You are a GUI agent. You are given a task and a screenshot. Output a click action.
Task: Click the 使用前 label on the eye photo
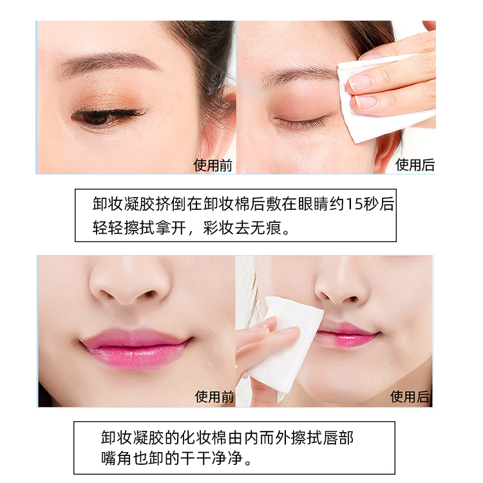[x=213, y=166]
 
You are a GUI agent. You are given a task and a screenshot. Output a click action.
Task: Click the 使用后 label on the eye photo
[x=415, y=165]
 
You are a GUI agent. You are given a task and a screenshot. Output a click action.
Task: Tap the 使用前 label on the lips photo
[x=214, y=397]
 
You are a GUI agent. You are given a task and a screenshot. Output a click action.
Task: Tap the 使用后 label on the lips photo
[x=410, y=397]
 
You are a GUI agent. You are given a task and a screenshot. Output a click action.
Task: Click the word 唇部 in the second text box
[x=338, y=437]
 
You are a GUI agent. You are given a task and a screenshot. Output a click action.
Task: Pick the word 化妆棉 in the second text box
[x=204, y=437]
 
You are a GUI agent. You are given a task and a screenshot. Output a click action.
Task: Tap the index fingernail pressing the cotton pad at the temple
[x=361, y=82]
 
